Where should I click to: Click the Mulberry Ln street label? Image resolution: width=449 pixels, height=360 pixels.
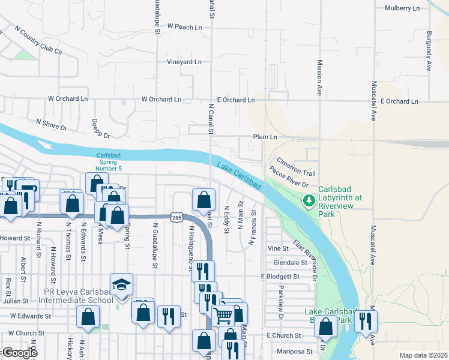pyautogui.click(x=402, y=8)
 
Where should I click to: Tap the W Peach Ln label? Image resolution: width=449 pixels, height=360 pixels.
pyautogui.click(x=185, y=27)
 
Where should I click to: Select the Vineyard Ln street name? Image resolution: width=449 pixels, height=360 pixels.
pyautogui.click(x=184, y=62)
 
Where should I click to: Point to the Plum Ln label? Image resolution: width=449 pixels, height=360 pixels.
pyautogui.click(x=265, y=137)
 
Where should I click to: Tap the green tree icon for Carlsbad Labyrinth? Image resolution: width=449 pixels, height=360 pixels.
pyautogui.click(x=309, y=200)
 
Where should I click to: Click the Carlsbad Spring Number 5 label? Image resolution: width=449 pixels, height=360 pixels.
pyautogui.click(x=109, y=162)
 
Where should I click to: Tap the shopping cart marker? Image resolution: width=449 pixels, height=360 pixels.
pyautogui.click(x=223, y=314)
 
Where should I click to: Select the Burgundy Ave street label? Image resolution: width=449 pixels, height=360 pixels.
pyautogui.click(x=429, y=48)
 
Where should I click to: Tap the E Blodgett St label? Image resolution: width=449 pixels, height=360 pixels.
pyautogui.click(x=280, y=277)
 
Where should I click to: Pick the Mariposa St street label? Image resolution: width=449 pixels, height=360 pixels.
pyautogui.click(x=295, y=351)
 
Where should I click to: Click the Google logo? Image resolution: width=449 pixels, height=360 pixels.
pyautogui.click(x=19, y=353)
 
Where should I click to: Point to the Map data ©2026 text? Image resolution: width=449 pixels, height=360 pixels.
pyautogui.click(x=423, y=355)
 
